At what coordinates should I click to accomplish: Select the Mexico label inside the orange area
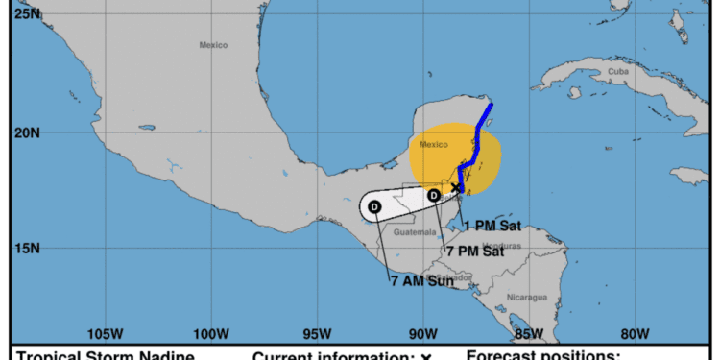pos(433,145)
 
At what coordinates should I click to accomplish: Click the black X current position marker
pos(456,188)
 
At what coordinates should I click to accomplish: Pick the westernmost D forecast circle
pos(374,206)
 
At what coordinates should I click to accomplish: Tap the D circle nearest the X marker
pos(434,196)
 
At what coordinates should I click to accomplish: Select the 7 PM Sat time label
pos(474,252)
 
